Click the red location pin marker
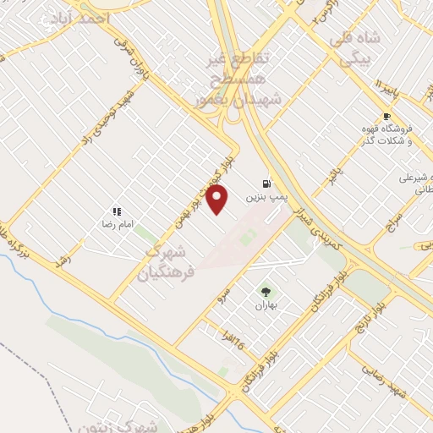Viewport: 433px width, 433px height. click(x=217, y=200)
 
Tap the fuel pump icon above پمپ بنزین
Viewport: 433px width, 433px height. click(x=267, y=183)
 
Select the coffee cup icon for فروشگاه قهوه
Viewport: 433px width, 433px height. click(x=386, y=117)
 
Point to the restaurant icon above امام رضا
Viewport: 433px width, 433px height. click(x=117, y=211)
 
